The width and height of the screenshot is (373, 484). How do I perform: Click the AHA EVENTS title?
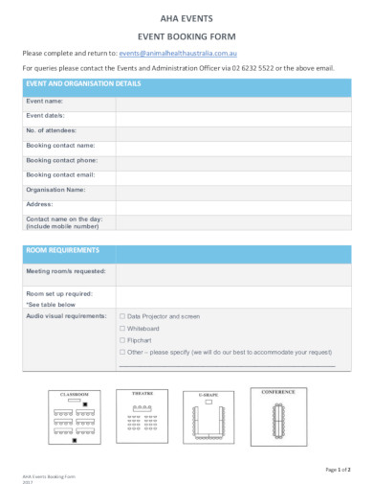[186, 18]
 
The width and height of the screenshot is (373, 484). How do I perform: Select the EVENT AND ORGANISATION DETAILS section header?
[83, 84]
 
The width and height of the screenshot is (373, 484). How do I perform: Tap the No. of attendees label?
[52, 130]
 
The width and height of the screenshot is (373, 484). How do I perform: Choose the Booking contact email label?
[61, 175]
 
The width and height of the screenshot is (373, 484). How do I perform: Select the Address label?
[40, 204]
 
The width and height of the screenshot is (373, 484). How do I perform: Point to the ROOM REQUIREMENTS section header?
[62, 250]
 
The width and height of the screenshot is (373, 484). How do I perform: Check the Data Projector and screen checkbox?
[121, 315]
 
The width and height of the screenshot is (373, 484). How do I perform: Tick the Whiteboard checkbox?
[121, 328]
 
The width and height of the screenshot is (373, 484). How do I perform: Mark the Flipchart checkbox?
[121, 340]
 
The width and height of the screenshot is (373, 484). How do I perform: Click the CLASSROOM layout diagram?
[75, 416]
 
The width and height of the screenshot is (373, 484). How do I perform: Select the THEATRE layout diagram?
[143, 414]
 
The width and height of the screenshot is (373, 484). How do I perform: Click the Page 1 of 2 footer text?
[338, 469]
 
